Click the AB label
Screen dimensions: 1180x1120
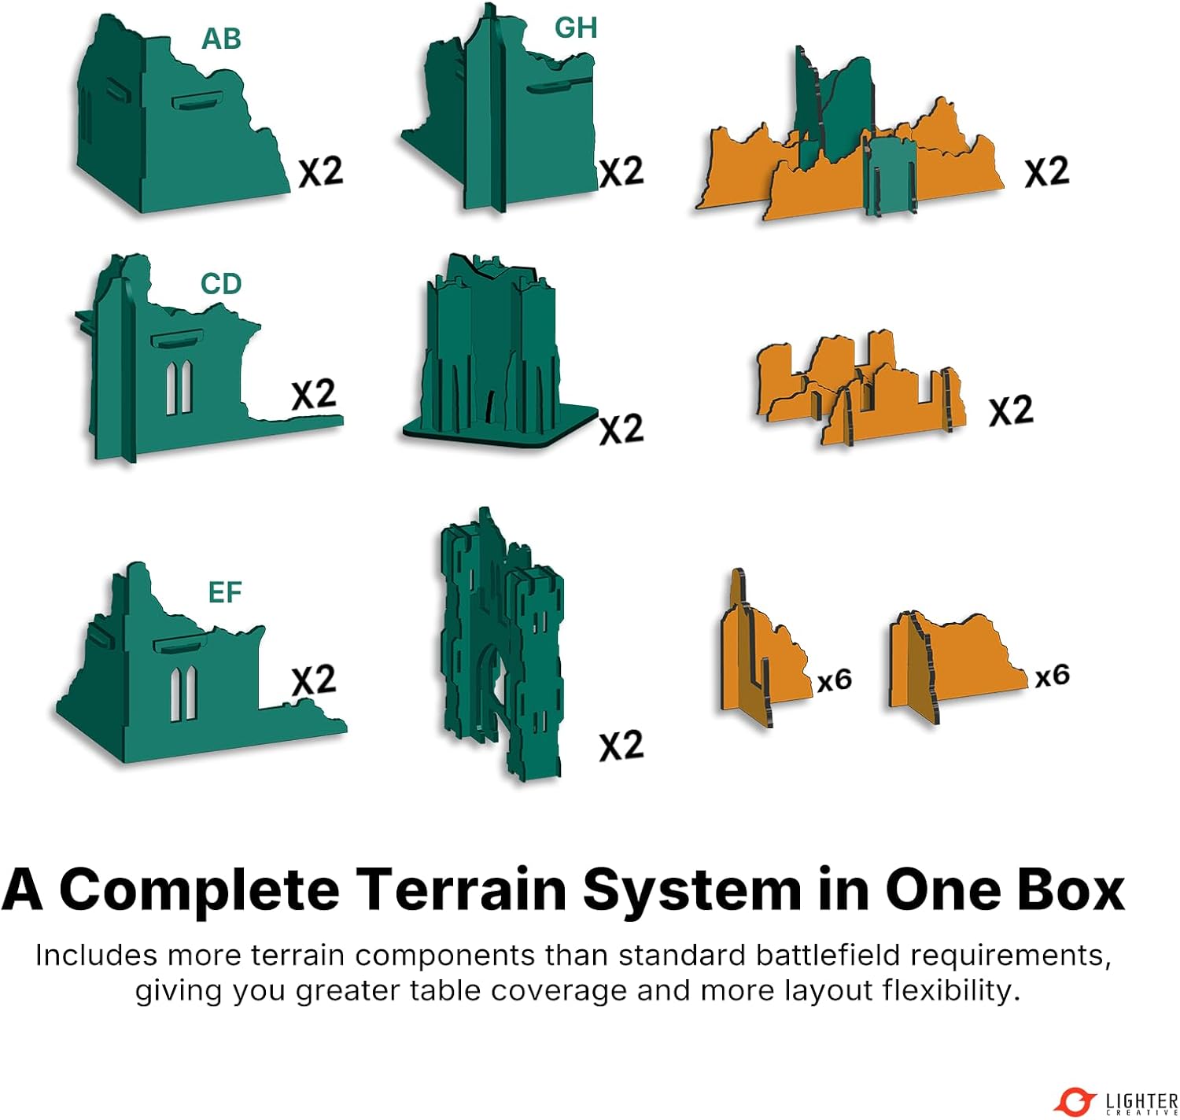pos(221,39)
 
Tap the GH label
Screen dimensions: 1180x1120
pos(576,28)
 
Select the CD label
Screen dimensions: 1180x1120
pos(221,284)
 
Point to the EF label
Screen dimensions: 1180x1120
pos(225,592)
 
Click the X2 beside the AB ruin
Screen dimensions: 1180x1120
pos(321,171)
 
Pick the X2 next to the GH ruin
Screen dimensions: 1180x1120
pos(621,171)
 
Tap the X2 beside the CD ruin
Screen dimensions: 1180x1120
pos(314,394)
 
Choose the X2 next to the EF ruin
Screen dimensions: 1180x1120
pos(314,680)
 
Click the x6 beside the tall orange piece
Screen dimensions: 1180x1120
pos(835,680)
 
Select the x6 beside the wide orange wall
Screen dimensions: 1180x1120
pos(1052,676)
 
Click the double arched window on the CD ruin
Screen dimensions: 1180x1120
pos(179,388)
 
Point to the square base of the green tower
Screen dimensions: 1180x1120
pos(500,427)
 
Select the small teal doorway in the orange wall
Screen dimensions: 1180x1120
pos(891,176)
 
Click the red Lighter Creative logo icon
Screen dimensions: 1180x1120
pos(1075,1101)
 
